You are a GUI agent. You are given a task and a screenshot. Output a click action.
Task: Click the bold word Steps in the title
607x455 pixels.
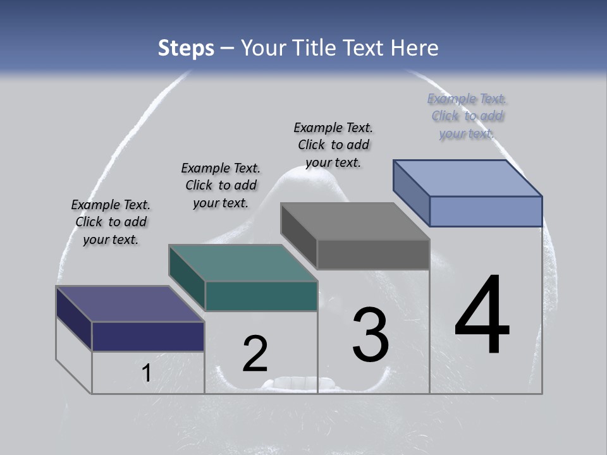186,48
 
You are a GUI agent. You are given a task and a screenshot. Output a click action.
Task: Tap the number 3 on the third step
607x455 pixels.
371,335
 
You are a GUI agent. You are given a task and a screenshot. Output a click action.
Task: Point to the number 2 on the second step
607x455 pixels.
255,354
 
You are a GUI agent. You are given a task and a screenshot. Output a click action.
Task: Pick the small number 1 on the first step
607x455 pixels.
146,373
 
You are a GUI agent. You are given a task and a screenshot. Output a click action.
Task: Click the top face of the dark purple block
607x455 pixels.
130,304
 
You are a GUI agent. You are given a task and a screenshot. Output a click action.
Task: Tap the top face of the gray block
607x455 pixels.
355,221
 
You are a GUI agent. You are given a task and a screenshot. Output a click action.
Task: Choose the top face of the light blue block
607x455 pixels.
467,178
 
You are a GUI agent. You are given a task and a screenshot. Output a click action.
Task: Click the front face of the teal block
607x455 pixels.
261,296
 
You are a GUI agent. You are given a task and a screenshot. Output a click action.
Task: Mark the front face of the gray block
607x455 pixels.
373,255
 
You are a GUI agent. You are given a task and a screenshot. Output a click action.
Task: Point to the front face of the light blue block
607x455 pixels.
486,211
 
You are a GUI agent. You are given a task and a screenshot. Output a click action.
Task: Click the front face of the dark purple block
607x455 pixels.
148,336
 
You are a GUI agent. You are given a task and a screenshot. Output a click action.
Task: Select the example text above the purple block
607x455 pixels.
111,222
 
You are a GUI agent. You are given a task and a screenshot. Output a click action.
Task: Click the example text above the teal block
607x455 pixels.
221,185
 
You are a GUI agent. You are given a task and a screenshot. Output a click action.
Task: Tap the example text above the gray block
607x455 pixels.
333,145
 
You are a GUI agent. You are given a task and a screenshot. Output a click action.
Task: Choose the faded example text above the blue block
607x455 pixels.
467,116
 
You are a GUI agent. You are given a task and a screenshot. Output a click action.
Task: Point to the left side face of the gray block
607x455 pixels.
298,235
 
